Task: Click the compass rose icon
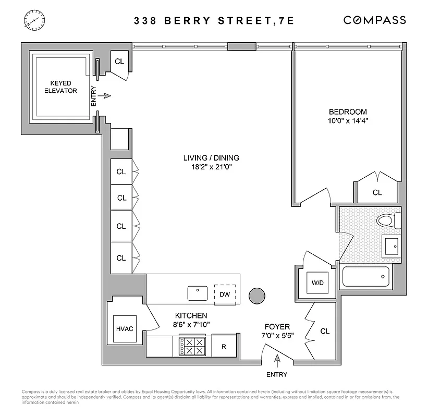click(32, 20)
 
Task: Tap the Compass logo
click(374, 20)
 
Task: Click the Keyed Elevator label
click(64, 87)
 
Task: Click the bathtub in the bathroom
click(365, 277)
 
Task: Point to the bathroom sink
click(391, 245)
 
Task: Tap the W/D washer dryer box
click(317, 283)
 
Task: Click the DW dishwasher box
click(225, 295)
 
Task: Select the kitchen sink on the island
click(198, 293)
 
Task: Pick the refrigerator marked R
click(223, 346)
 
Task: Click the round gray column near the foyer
click(258, 296)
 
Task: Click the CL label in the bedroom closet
click(377, 192)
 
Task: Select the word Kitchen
click(191, 315)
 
